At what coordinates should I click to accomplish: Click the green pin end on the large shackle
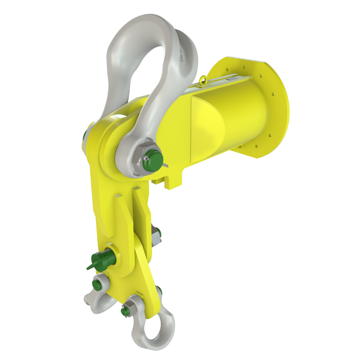[153, 162]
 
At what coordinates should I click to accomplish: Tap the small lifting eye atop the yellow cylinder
[205, 79]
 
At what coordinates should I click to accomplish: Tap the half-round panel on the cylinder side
[206, 124]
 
